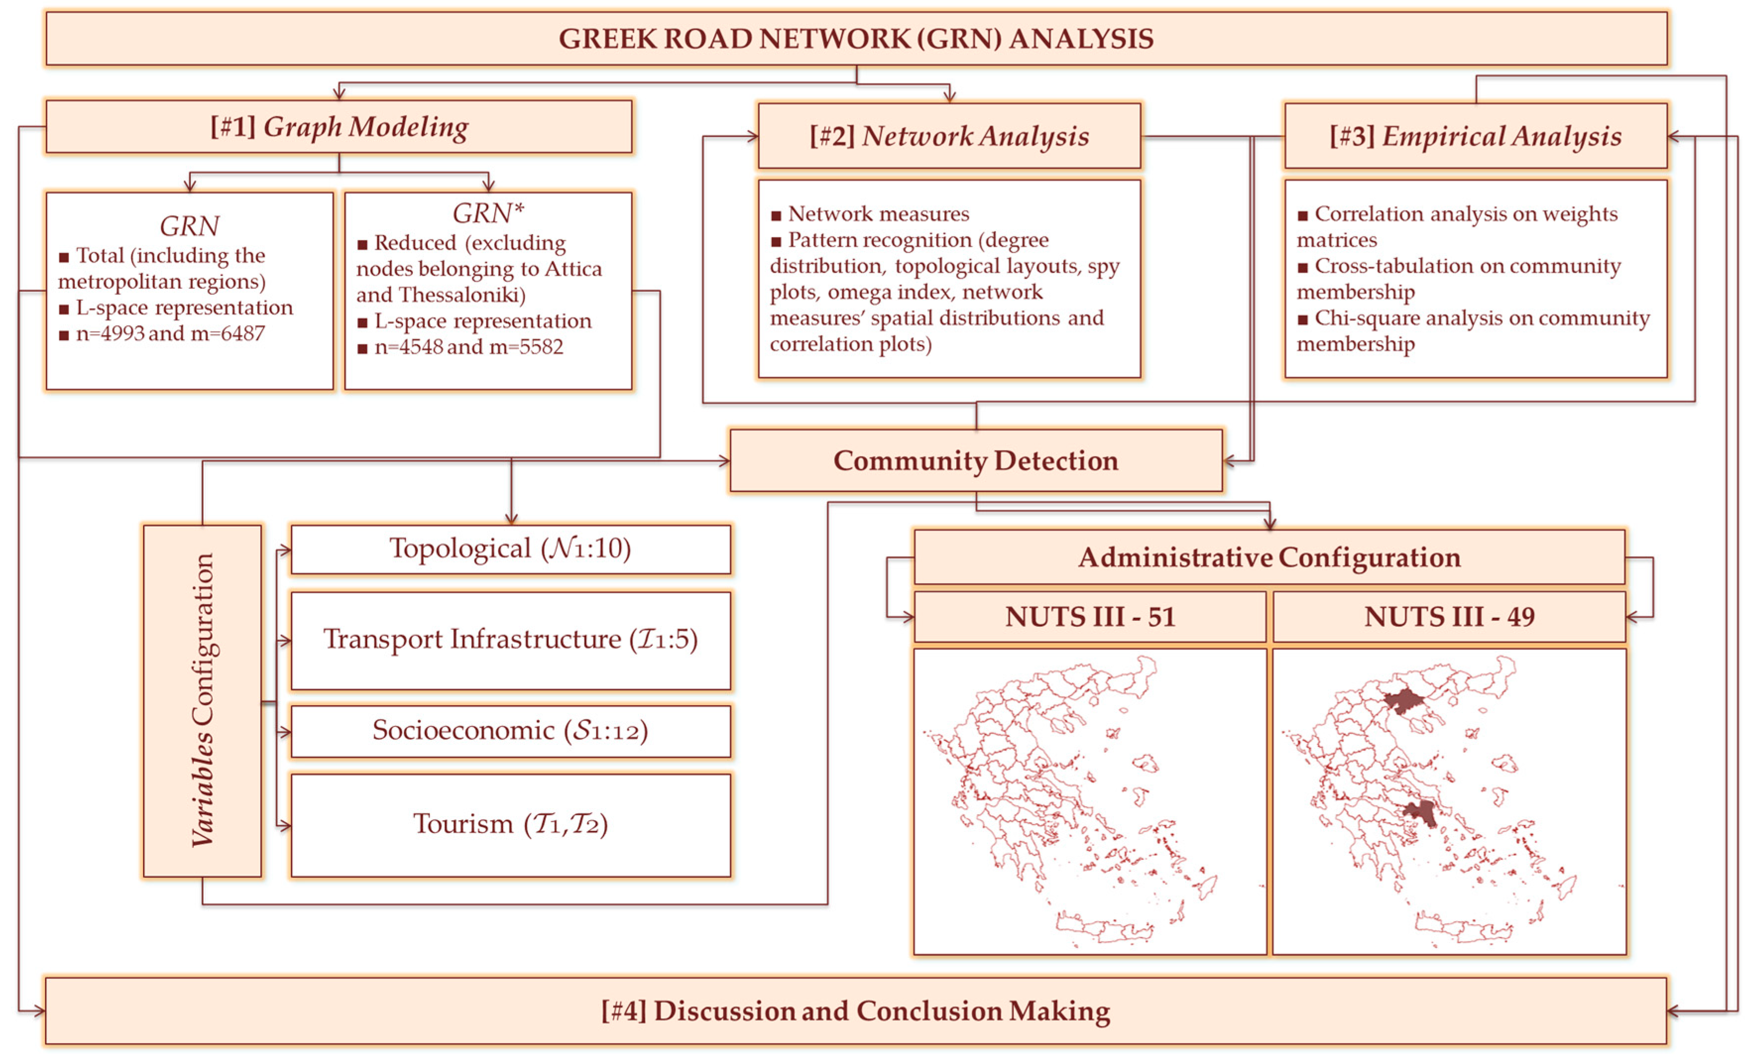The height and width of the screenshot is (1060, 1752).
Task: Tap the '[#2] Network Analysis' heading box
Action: coord(949,136)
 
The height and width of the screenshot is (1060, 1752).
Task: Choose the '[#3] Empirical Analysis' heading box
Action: coord(1475,136)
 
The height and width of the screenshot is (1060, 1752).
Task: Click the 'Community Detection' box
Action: coord(975,461)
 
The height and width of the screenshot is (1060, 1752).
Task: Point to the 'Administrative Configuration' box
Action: coord(1269,558)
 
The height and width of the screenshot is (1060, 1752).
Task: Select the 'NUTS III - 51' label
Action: coord(1089,617)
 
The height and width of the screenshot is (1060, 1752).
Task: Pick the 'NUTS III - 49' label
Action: coord(1449,617)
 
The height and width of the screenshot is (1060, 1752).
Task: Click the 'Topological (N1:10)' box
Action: coord(510,549)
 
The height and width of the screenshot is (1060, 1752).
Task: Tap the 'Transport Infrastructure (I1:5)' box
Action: coord(510,640)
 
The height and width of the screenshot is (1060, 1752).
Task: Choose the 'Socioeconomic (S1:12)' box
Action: coord(510,731)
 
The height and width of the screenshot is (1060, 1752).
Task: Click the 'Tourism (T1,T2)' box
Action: coord(510,825)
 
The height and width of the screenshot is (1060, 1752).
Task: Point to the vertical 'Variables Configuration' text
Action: coord(203,700)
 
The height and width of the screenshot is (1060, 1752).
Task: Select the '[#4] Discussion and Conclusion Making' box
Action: coord(855,1011)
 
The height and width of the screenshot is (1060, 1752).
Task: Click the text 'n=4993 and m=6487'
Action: coord(170,334)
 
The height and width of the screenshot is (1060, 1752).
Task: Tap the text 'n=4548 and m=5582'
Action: coord(468,347)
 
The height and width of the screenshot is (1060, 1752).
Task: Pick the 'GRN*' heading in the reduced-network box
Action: coord(488,213)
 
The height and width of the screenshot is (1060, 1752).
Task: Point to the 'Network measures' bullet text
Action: coord(878,214)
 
